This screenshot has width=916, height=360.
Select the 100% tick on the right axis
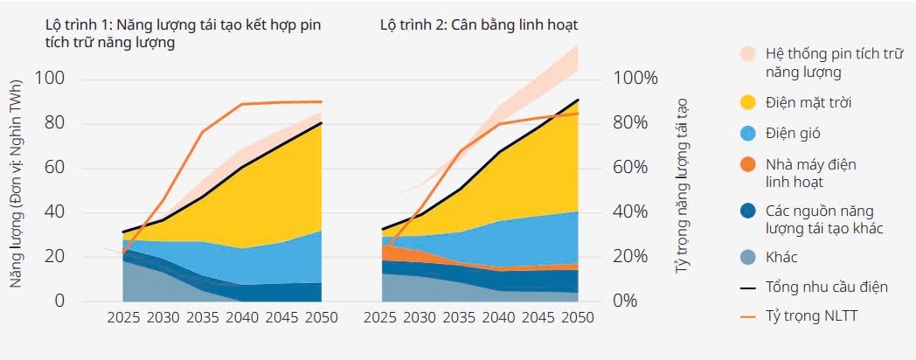coord(635,78)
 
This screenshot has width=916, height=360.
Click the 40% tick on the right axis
coord(629,212)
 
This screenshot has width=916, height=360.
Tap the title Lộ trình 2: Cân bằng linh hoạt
coord(479,24)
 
